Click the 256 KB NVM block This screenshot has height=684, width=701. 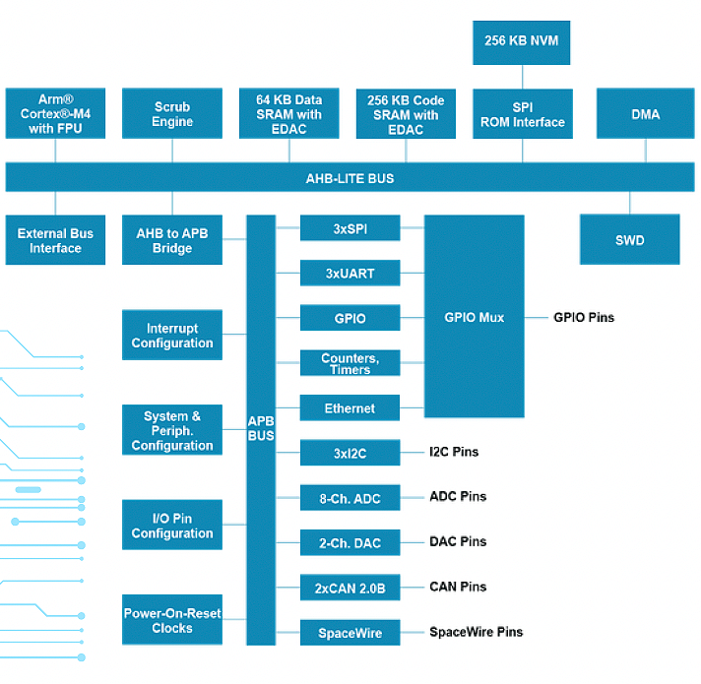pos(521,42)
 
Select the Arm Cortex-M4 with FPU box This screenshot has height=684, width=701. pos(55,113)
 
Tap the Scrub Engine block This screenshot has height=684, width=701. pos(172,113)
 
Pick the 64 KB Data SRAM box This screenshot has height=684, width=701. pos(288,113)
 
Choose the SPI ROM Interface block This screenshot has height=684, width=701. pos(523,114)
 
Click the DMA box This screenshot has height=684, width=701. pos(646,113)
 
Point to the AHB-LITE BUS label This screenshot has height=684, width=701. pos(350,179)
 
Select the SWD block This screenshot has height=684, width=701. pos(630,239)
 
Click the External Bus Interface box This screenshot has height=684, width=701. pos(55,240)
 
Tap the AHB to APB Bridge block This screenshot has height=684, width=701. pos(172,240)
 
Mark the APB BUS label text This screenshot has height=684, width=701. pos(261,428)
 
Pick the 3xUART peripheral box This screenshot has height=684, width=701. pos(350,273)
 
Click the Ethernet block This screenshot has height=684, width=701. pos(350,407)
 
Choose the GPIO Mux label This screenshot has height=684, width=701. pos(475,317)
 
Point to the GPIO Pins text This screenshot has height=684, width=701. pos(584,317)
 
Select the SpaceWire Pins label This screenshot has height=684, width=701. pos(477,632)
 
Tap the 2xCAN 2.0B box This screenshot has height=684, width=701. pos(350,588)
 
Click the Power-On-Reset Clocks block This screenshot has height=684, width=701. pos(172,620)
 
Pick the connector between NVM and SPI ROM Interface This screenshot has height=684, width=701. pos(522,77)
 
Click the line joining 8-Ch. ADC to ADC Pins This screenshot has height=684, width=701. pos(413,497)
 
